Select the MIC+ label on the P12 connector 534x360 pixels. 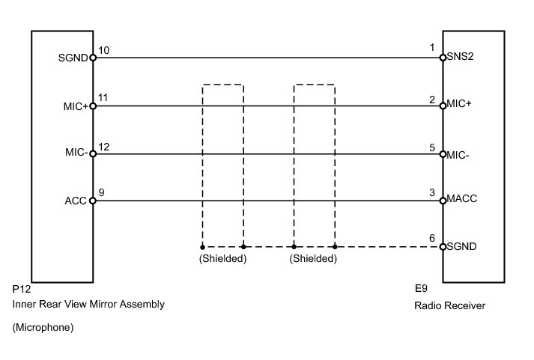(76, 106)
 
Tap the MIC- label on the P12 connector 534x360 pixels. (76, 153)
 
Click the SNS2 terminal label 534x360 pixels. (460, 57)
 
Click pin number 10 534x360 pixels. (103, 50)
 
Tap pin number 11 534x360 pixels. (103, 98)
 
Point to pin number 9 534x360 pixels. (101, 193)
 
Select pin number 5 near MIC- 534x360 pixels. (432, 147)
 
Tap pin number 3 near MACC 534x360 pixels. (432, 193)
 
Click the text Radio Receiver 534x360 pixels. (449, 305)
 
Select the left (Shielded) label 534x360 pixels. (222, 259)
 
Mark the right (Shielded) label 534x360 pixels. (314, 259)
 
